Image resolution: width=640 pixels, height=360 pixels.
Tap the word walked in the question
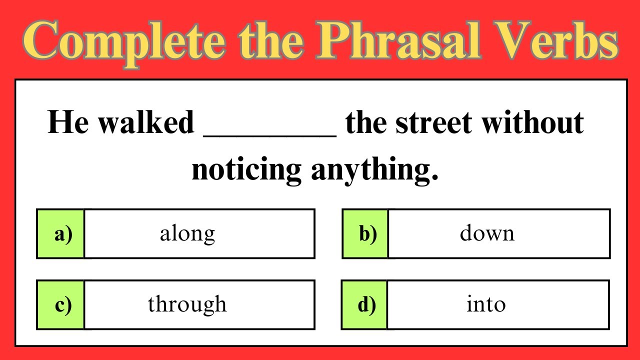point(145,123)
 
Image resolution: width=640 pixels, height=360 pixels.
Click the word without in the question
point(532,123)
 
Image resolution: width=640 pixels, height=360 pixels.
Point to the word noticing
point(246,170)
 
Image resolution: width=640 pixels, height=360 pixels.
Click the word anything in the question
point(374,170)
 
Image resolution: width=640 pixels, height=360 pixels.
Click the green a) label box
point(60,233)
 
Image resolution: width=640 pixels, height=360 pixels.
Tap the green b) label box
point(365,233)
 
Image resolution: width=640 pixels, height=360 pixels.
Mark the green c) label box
point(60,304)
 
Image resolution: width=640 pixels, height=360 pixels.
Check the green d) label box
point(364,304)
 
